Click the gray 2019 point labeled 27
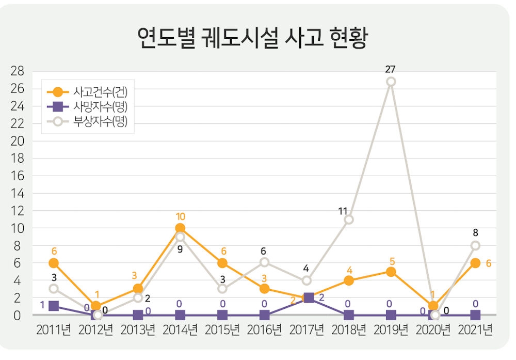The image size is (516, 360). pyautogui.click(x=391, y=82)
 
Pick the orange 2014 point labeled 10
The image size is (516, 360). pyautogui.click(x=180, y=228)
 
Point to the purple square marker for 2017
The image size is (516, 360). pyautogui.click(x=308, y=298)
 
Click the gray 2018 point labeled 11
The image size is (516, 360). pyautogui.click(x=349, y=220)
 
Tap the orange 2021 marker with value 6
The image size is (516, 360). pyautogui.click(x=475, y=263)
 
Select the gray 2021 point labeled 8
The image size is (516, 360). pyautogui.click(x=475, y=245)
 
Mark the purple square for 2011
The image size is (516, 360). pyautogui.click(x=54, y=306)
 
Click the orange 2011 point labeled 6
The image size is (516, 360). pyautogui.click(x=54, y=263)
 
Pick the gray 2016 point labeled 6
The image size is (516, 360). pyautogui.click(x=264, y=262)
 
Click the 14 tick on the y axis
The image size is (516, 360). pyautogui.click(x=18, y=193)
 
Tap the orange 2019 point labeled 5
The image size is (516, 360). pyautogui.click(x=391, y=272)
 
